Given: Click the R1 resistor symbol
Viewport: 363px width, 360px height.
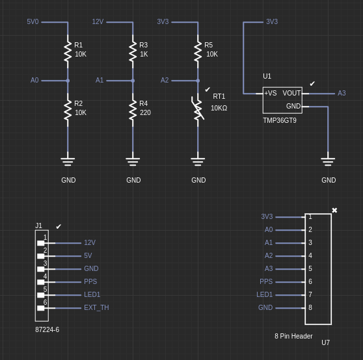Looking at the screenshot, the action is [x=68, y=51].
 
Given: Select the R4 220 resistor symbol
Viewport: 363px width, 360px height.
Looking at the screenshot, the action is [x=133, y=110].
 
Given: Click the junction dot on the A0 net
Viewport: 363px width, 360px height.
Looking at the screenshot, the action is [x=68, y=81].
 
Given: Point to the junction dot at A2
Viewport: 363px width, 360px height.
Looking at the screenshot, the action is [x=198, y=81].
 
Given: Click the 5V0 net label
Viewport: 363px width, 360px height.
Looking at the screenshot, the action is [x=33, y=21].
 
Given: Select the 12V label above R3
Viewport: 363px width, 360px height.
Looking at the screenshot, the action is [x=98, y=21].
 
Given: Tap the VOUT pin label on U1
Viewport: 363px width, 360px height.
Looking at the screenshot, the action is [x=291, y=93].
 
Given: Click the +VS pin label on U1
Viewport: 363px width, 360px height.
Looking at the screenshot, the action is [x=271, y=93].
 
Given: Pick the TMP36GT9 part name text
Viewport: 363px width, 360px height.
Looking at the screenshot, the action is [x=280, y=120].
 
